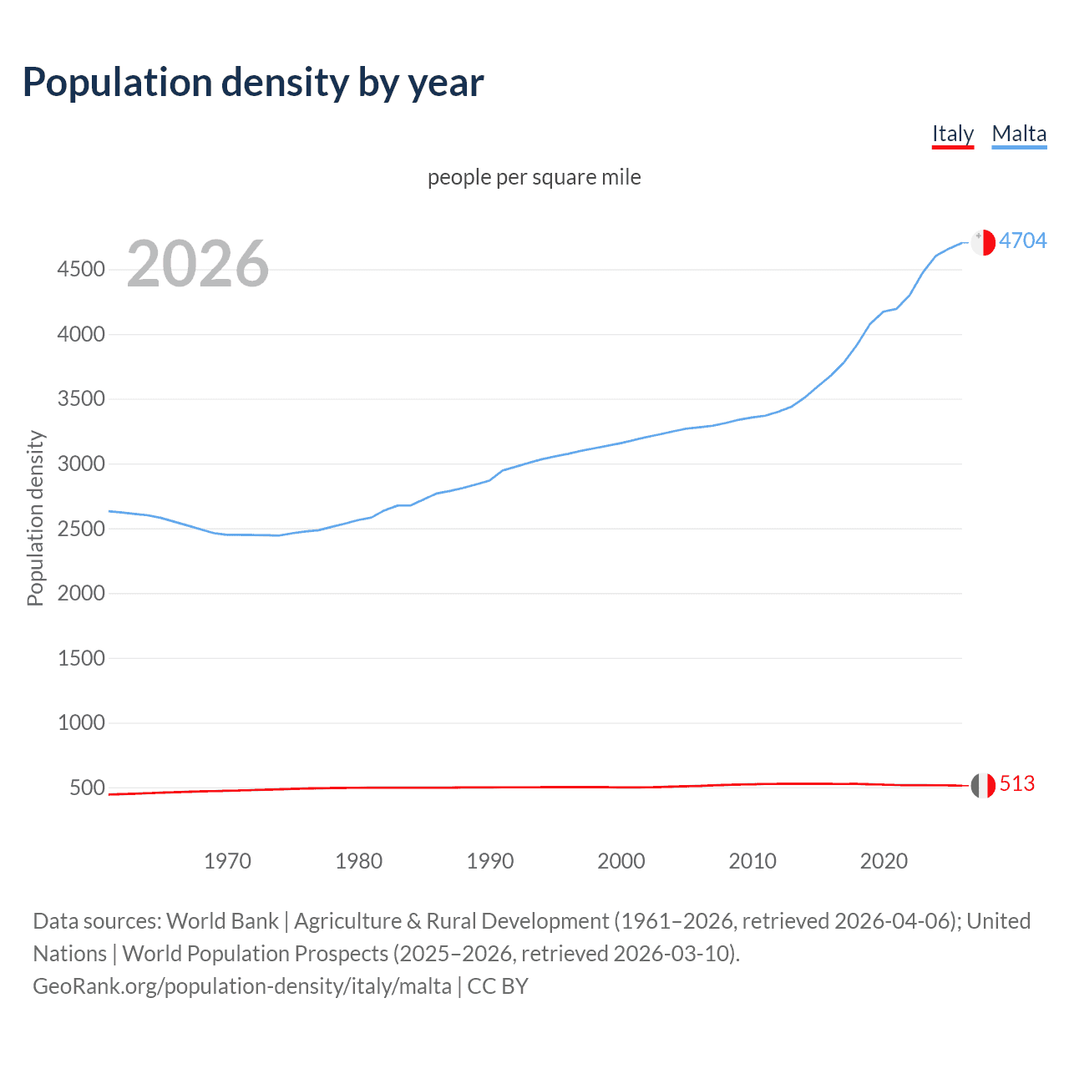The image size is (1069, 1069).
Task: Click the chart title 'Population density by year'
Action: point(253,83)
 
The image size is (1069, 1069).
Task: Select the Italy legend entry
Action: point(953,134)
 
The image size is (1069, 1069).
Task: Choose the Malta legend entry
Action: point(1019,134)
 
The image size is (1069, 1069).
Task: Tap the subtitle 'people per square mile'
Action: point(534,177)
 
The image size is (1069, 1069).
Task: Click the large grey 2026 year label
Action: point(198,264)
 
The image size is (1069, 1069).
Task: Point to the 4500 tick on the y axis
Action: point(81,269)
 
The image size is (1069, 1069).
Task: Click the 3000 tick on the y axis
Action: point(81,464)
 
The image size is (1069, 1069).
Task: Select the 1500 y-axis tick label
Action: point(81,658)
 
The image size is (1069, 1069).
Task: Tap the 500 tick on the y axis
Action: point(87,788)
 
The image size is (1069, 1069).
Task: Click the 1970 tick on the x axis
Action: point(227,861)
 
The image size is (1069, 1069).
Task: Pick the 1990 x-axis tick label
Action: point(490,861)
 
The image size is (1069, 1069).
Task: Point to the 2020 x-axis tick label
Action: point(884,861)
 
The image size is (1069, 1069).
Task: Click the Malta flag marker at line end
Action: point(983,242)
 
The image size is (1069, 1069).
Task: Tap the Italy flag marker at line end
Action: point(983,785)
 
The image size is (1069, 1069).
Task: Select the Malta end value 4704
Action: point(1022,241)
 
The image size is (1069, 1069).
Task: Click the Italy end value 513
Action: point(1016,783)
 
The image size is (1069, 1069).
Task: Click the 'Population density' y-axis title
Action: point(35,518)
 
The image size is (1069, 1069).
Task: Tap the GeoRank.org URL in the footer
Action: point(242,986)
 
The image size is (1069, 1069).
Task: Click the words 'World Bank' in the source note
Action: point(222,921)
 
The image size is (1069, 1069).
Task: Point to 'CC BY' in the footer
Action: point(498,986)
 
